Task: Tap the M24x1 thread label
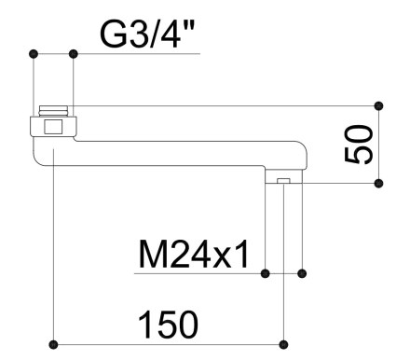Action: coord(193,254)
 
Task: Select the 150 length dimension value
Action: coord(168,324)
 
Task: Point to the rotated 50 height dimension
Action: coord(359,144)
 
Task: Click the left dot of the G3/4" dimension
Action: coord(34,54)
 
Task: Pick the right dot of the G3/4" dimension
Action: coord(74,54)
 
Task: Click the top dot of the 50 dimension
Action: coord(378,106)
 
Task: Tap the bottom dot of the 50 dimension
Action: coord(378,184)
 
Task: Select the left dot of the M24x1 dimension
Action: coord(265,273)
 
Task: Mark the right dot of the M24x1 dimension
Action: coord(302,273)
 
